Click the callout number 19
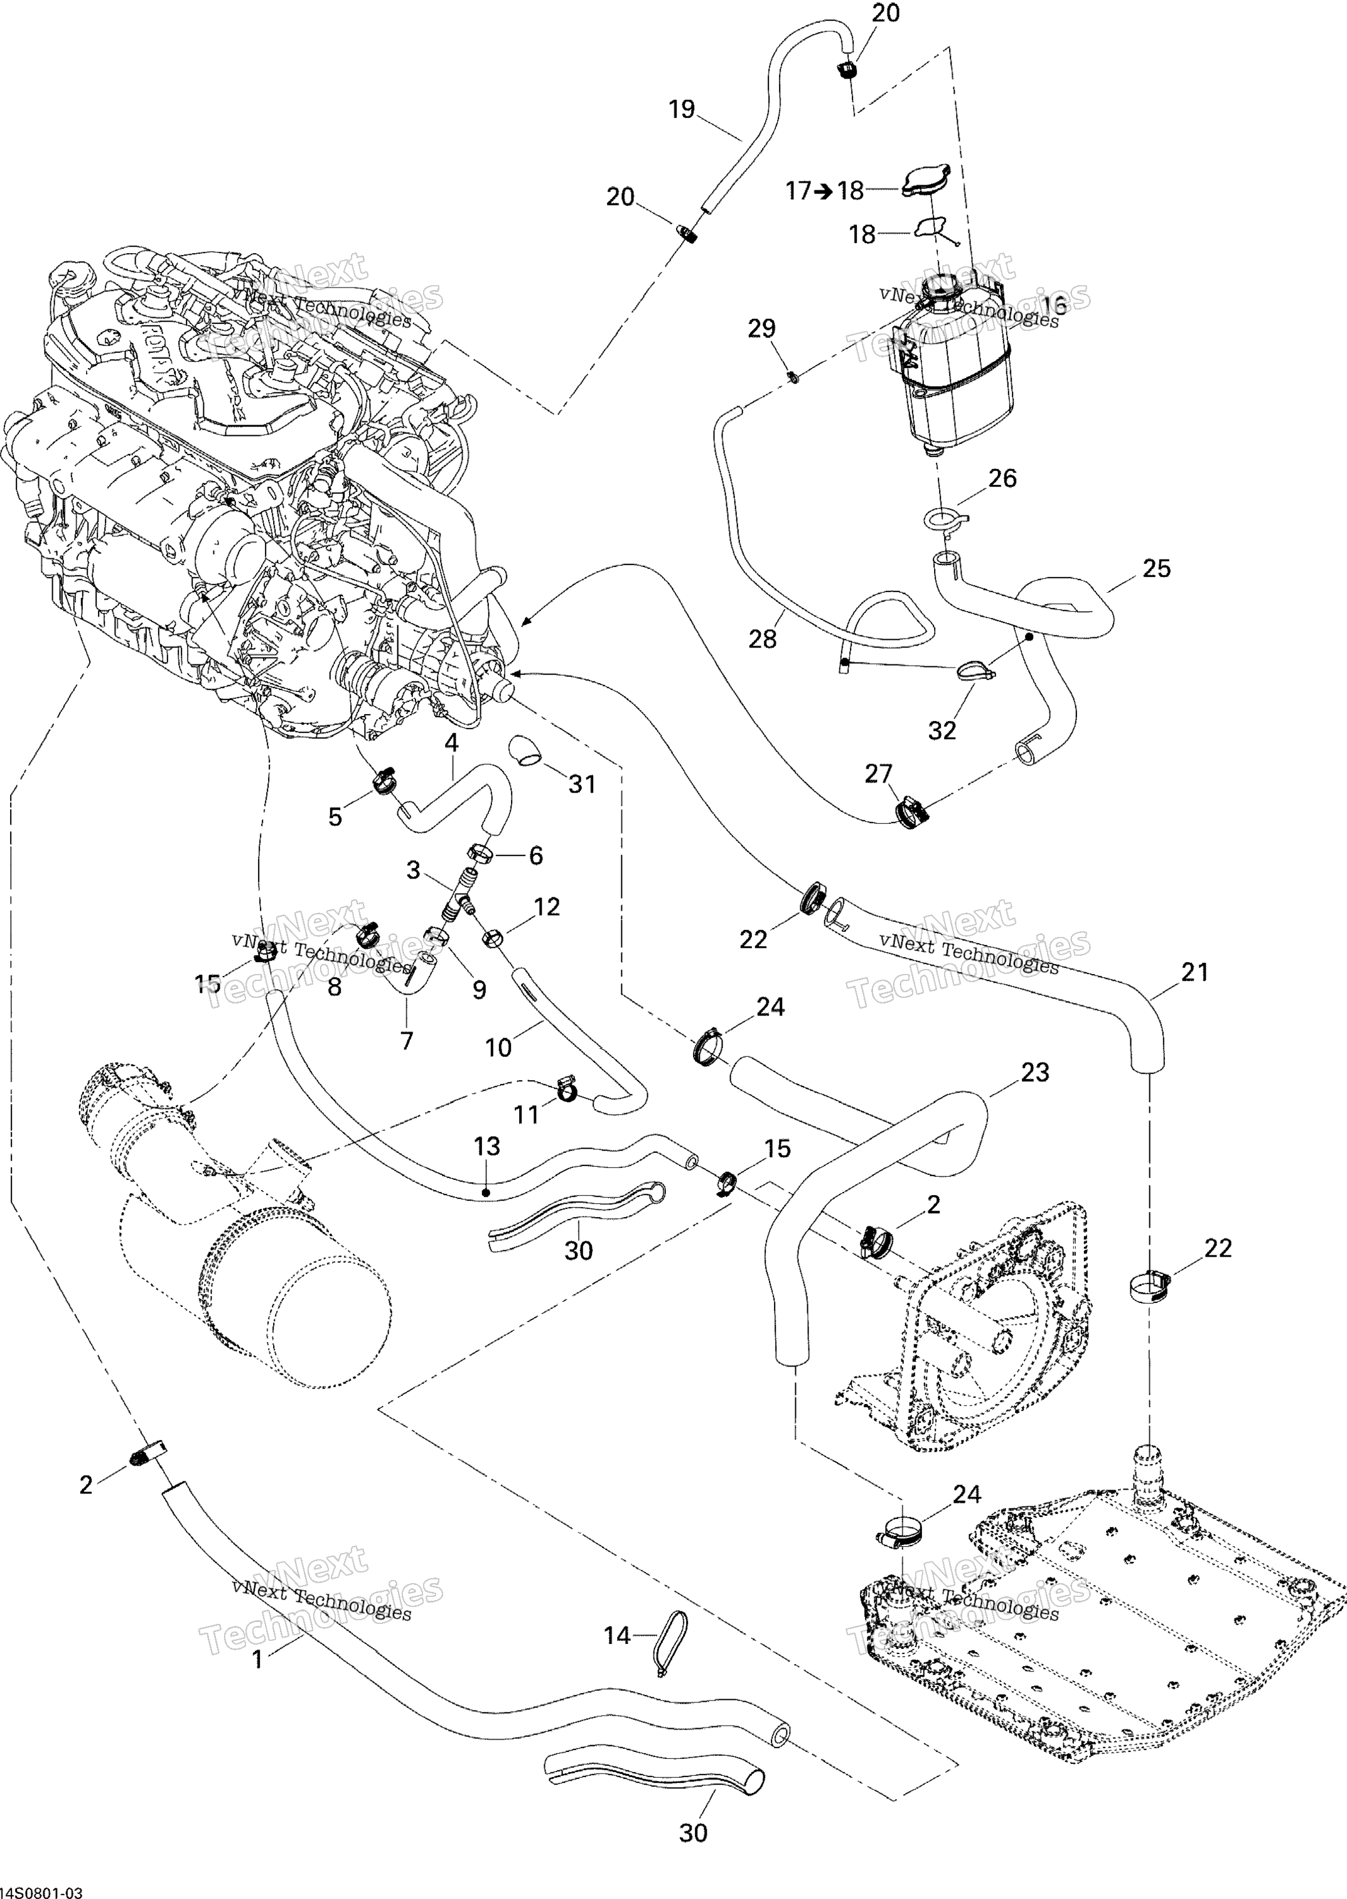click(x=682, y=109)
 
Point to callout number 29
click(x=761, y=328)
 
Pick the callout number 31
click(x=582, y=784)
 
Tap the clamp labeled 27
click(x=910, y=811)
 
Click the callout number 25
click(x=1156, y=568)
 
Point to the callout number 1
click(x=257, y=1659)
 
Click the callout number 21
click(x=1194, y=971)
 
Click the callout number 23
click(x=1035, y=1072)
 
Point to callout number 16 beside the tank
click(x=1053, y=304)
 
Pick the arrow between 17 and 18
click(x=823, y=192)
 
